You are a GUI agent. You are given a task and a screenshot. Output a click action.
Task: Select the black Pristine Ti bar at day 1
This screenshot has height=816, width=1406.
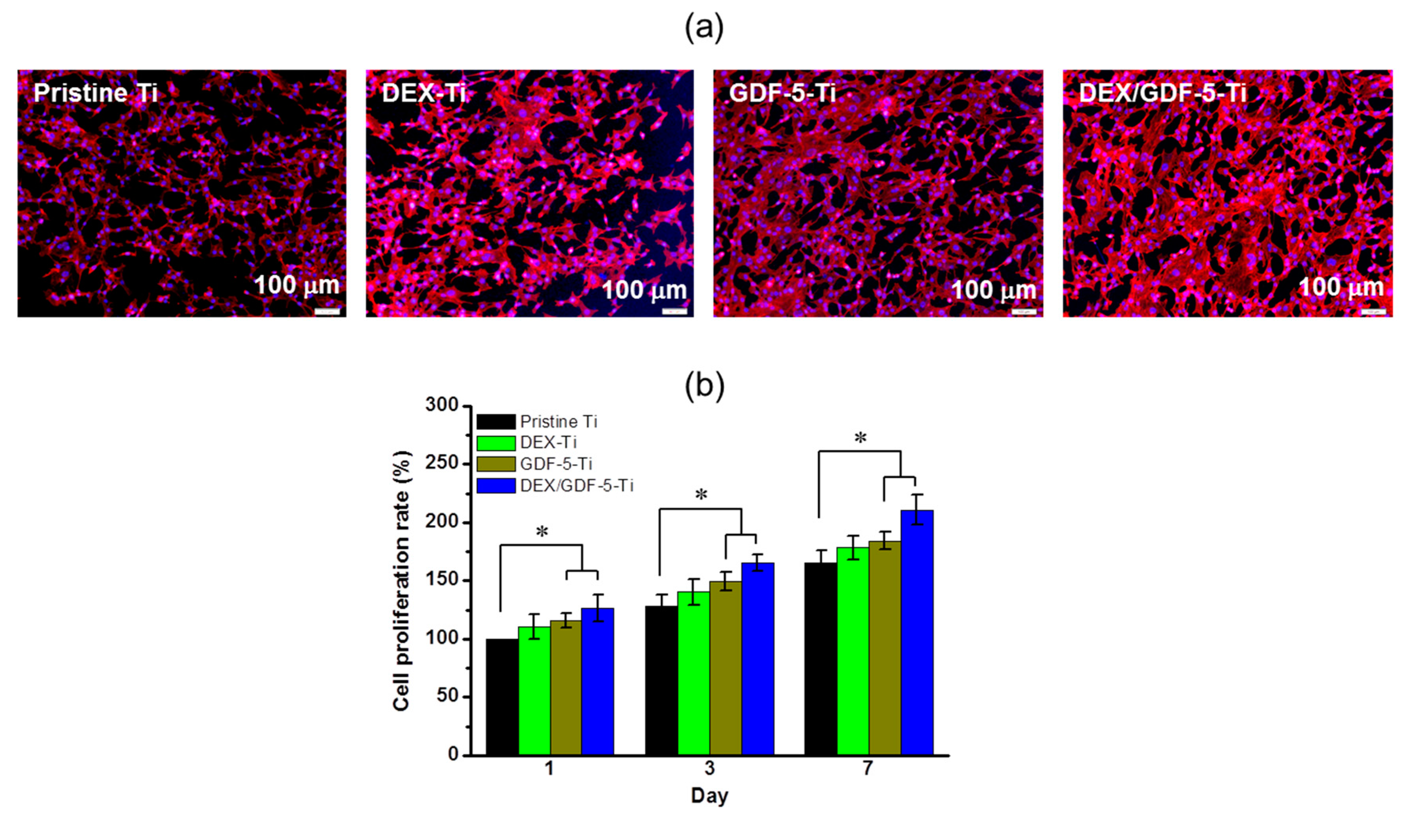tap(502, 697)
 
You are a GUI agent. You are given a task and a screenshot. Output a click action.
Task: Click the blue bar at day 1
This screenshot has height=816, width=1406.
tap(598, 681)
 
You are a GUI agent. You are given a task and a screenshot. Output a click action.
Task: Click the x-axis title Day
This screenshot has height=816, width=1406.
tap(709, 795)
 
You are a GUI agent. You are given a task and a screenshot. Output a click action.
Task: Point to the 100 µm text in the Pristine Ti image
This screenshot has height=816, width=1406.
tap(296, 286)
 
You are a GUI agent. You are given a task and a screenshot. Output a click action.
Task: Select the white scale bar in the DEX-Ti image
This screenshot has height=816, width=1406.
tap(674, 311)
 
